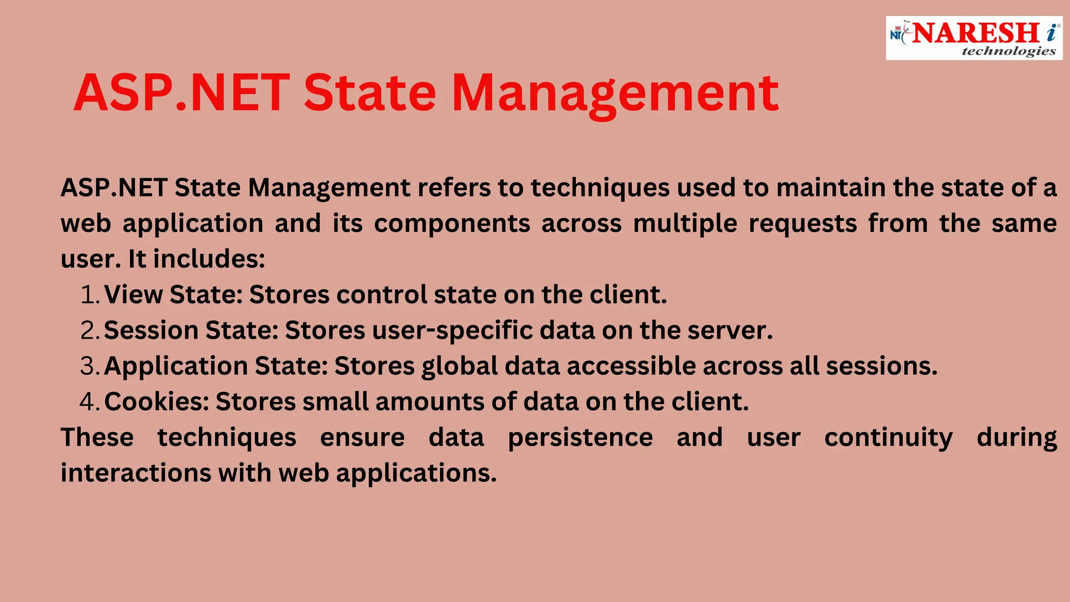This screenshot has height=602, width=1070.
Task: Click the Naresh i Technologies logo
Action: point(974,38)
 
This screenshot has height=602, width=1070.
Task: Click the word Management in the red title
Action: point(615,94)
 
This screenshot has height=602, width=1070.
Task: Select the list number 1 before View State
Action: point(89,295)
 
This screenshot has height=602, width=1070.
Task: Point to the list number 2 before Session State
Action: point(89,331)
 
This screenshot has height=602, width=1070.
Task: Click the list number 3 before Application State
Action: point(89,366)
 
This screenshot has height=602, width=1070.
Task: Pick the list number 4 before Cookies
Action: point(89,402)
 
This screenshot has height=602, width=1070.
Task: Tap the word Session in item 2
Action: point(152,331)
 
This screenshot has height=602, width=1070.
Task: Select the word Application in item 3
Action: point(176,366)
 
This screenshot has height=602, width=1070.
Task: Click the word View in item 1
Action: point(134,295)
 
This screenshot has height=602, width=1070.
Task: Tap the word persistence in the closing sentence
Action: point(580,438)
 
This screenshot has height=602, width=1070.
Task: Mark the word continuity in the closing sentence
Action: point(888,438)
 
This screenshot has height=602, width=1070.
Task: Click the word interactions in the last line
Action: point(135,473)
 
